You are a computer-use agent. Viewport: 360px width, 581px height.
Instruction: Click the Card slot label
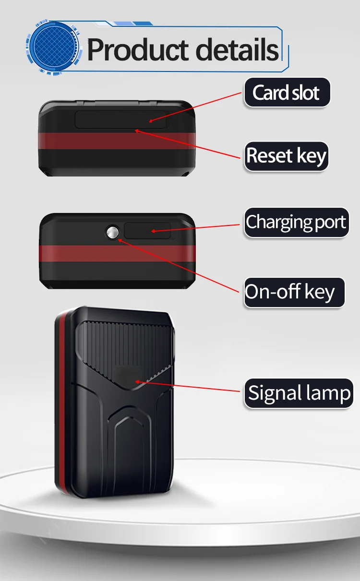(286, 93)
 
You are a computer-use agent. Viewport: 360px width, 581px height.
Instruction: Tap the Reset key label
(286, 156)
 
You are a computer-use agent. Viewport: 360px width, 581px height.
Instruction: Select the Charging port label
(296, 222)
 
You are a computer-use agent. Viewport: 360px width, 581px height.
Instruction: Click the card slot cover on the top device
(120, 120)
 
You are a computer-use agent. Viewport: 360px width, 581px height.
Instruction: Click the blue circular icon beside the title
(50, 46)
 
